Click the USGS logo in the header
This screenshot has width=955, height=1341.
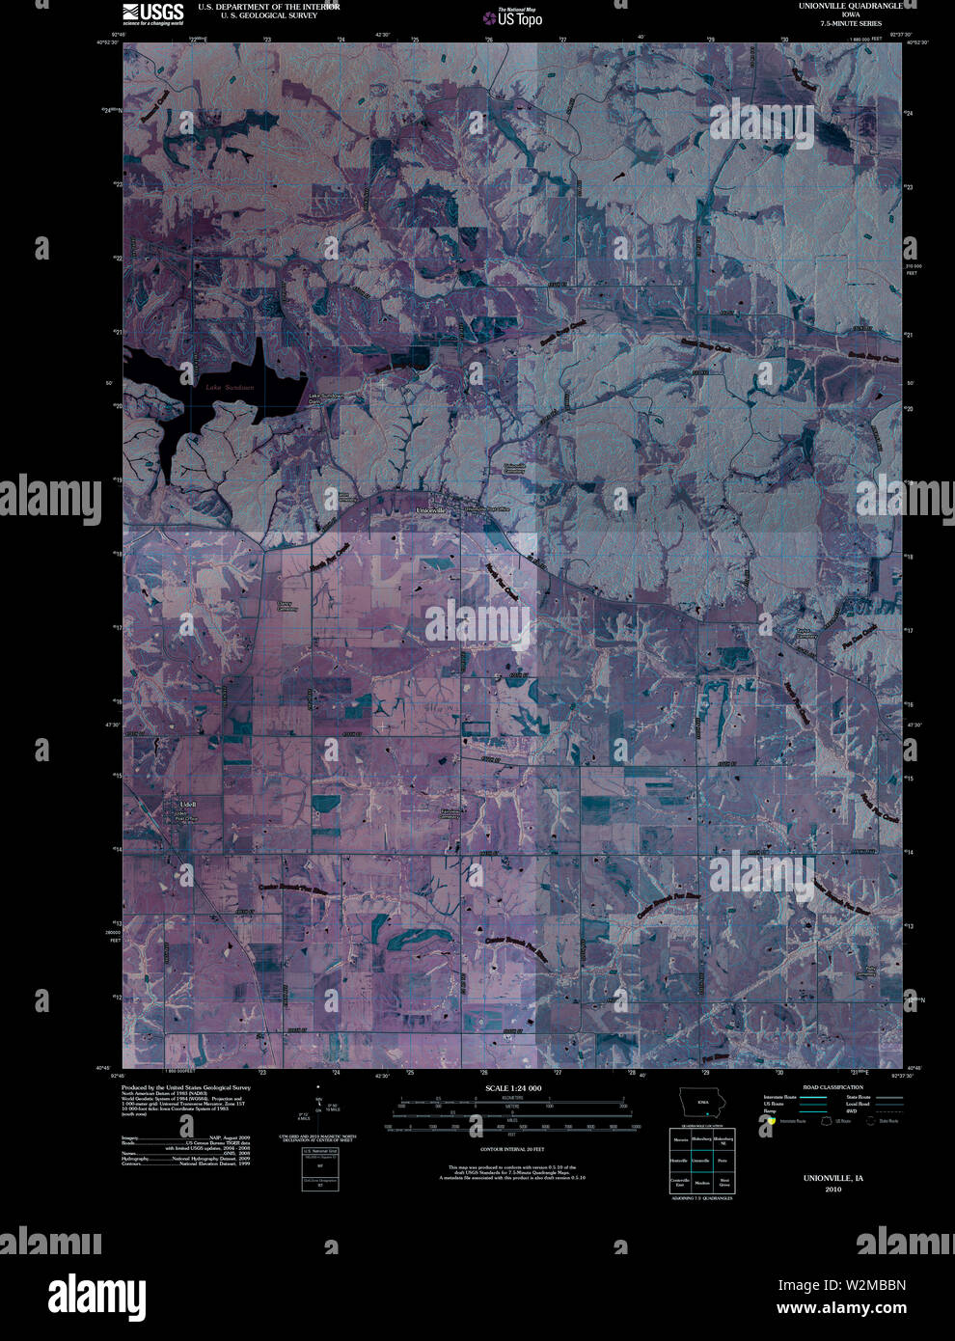[x=153, y=12]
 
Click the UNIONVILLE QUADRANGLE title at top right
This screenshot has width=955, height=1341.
[x=849, y=6]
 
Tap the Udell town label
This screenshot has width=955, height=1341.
[x=188, y=804]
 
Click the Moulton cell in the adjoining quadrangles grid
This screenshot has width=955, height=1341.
[x=702, y=1182]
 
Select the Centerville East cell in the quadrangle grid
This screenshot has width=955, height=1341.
[x=680, y=1182]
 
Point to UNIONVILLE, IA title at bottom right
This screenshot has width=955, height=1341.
[x=833, y=1178]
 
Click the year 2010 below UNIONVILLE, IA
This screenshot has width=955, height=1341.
[x=833, y=1190]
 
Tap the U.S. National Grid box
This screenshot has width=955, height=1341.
[x=319, y=1169]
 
